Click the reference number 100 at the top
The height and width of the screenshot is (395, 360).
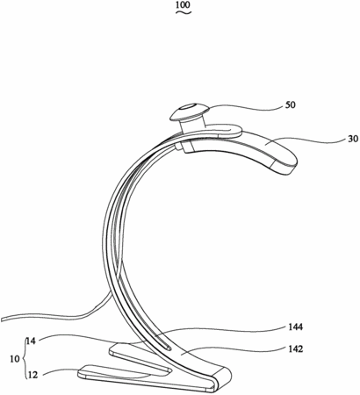(x=184, y=4)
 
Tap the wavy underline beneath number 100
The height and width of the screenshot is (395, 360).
(x=184, y=12)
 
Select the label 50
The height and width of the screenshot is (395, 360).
(x=290, y=104)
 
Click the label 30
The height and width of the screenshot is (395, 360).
(x=353, y=139)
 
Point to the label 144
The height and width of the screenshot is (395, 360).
(x=295, y=327)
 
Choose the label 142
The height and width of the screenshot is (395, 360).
(x=295, y=348)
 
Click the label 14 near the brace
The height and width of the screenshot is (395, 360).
(x=31, y=341)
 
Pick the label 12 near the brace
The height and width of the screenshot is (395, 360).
(x=32, y=375)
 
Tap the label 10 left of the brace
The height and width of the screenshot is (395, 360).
(x=15, y=359)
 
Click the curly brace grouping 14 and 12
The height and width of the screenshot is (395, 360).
(x=23, y=359)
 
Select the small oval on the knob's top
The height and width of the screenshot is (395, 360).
(x=190, y=107)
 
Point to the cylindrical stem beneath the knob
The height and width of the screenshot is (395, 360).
(x=191, y=125)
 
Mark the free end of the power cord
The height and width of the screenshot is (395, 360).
(x=2, y=319)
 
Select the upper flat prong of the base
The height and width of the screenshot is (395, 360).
(x=139, y=358)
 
